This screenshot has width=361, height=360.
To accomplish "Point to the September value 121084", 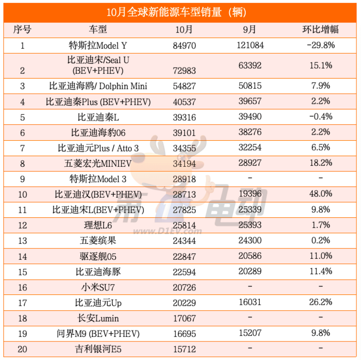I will (252, 46).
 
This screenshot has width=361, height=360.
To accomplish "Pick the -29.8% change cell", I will (321, 46).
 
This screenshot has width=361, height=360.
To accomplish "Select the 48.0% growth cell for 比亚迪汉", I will (321, 194).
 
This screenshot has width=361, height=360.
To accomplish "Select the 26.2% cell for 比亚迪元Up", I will (321, 302).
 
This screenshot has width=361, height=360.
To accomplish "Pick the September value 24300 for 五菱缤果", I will (252, 240).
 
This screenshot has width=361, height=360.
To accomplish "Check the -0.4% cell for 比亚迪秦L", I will (321, 117).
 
